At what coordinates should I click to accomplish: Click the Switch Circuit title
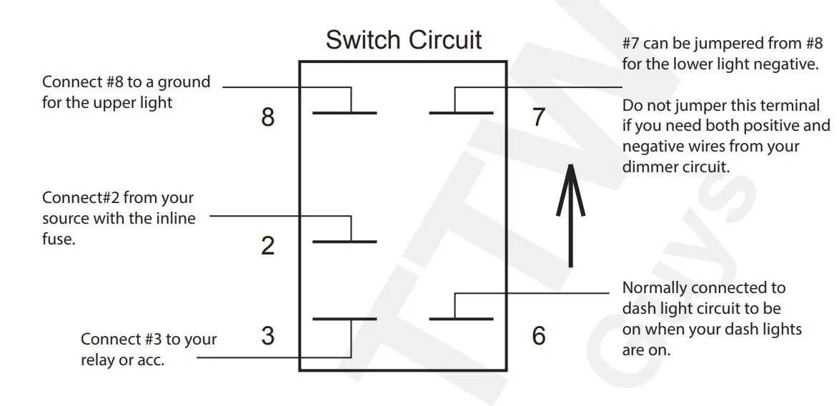(x=404, y=39)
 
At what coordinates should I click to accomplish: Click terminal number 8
(x=267, y=117)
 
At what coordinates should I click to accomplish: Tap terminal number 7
(x=539, y=117)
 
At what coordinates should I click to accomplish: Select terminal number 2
(x=267, y=245)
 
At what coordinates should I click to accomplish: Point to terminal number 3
(x=267, y=335)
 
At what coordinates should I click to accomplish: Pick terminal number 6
(x=539, y=335)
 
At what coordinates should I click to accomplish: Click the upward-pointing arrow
(x=570, y=216)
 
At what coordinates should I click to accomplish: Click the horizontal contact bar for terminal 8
(x=344, y=113)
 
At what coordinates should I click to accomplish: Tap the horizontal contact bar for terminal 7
(x=461, y=113)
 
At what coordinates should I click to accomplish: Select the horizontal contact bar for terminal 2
(x=344, y=242)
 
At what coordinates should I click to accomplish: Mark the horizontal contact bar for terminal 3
(x=344, y=319)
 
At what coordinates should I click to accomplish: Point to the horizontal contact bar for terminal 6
(x=461, y=319)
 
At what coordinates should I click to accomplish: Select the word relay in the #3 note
(x=99, y=360)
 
